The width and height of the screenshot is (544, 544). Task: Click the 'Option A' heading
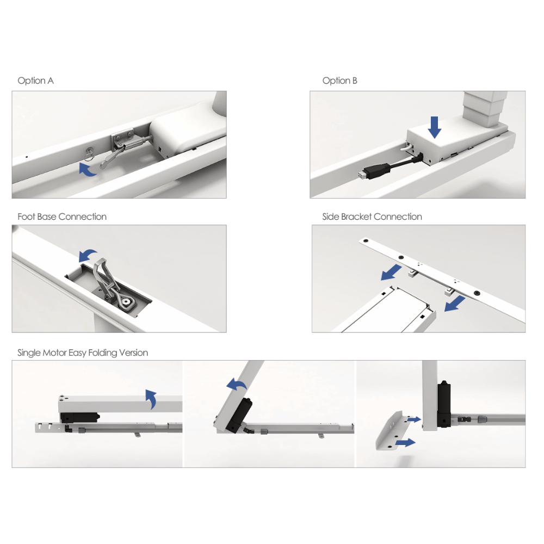click(x=36, y=81)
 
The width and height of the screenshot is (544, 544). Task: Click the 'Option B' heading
click(x=339, y=81)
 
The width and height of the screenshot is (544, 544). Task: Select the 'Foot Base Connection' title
click(x=62, y=217)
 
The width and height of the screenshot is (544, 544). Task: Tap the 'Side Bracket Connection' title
click(x=372, y=217)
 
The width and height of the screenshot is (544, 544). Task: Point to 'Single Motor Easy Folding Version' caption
click(x=83, y=353)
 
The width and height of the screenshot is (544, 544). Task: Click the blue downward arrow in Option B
click(x=434, y=127)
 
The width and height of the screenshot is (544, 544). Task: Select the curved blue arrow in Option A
click(x=86, y=170)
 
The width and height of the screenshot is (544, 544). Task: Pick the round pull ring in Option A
click(x=89, y=154)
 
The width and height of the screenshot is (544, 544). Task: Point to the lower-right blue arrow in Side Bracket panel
click(x=454, y=304)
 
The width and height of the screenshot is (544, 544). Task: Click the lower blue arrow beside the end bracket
click(x=405, y=442)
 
